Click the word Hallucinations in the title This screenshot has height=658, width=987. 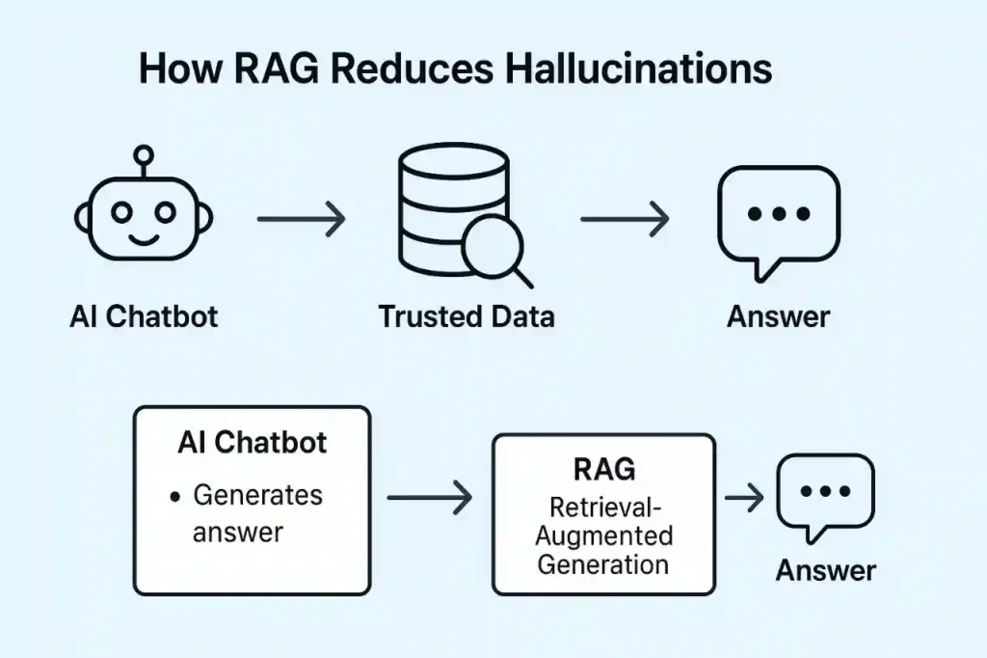point(638,69)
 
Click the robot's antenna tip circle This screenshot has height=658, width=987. point(145,154)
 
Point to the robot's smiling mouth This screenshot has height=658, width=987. point(145,239)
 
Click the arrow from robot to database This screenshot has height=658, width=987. point(301,219)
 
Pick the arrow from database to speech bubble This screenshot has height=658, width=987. point(625,219)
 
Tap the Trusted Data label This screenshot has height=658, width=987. point(467,316)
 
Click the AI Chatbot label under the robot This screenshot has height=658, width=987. point(145,316)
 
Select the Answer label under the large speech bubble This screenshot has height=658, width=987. point(779,316)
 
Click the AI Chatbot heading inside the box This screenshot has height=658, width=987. point(253,443)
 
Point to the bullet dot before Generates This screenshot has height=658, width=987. point(175,497)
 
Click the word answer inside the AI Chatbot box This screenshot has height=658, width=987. point(238,533)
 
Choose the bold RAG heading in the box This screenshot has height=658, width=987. point(604,469)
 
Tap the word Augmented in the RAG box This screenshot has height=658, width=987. point(604,536)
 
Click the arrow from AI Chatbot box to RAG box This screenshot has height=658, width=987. point(429,497)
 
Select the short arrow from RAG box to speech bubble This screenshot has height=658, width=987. point(744,497)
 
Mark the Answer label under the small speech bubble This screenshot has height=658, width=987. point(825,570)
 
